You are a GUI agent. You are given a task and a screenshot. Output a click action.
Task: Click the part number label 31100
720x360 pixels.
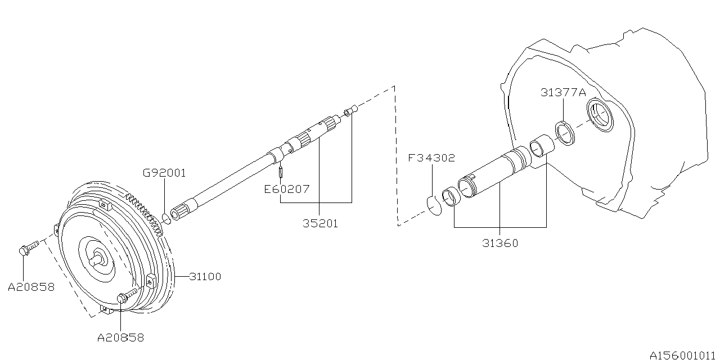[205, 277]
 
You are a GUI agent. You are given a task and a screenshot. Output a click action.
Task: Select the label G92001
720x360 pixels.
[164, 173]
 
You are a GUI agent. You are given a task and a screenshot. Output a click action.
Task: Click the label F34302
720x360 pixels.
[432, 159]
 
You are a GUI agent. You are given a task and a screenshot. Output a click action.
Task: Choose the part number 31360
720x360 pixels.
[500, 243]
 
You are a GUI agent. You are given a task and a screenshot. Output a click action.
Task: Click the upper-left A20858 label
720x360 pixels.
[31, 287]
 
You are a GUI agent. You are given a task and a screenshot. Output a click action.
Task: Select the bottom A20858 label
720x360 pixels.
[120, 337]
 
